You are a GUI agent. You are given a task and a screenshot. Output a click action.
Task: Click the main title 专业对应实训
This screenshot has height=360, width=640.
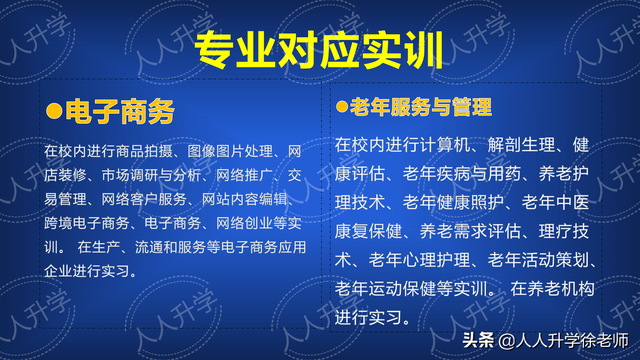[x=319, y=45]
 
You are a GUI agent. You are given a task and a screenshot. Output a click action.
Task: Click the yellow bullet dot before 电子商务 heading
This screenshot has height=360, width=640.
[x=54, y=111]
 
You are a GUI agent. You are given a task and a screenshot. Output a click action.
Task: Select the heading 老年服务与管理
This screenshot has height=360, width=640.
[x=420, y=106]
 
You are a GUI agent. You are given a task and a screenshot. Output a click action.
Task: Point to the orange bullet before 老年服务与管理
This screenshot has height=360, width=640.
[x=341, y=106]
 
